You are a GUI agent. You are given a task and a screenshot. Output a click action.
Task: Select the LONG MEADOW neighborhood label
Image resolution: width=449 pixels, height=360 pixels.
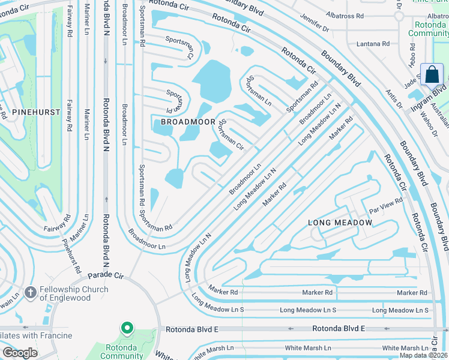coord(340,223)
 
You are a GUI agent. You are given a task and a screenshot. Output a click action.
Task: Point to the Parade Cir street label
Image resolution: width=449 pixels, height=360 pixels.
coord(106,276)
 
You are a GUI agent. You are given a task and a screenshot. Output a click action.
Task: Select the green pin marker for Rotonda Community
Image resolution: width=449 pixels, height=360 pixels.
coord(127,329)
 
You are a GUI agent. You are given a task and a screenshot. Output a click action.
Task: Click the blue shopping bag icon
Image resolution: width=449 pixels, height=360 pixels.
coord(432,76)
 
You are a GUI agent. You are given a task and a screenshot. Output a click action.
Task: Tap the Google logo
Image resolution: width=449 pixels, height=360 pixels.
coord(20,353)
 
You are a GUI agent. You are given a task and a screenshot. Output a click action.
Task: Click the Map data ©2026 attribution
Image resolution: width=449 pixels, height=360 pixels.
coord(423,355)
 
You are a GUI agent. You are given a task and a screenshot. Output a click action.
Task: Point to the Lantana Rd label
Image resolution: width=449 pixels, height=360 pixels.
coord(373,43)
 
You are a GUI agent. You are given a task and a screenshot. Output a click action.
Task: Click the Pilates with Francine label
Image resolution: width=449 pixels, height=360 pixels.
coord(36,335)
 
